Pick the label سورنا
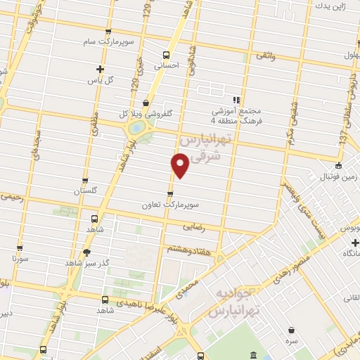(19, 259)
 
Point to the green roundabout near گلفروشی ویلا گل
(136, 129)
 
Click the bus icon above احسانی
(167, 55)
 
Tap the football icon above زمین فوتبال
(339, 166)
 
